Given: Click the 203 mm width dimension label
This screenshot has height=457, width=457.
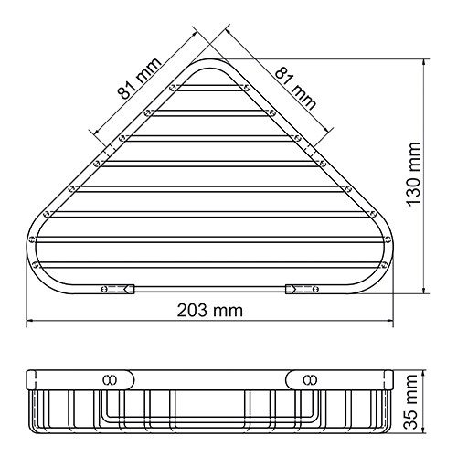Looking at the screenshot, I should [x=211, y=311].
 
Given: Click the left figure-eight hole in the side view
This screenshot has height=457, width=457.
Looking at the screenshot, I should [x=109, y=377].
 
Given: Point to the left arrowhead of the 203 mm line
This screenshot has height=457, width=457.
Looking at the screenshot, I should [x=28, y=321].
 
